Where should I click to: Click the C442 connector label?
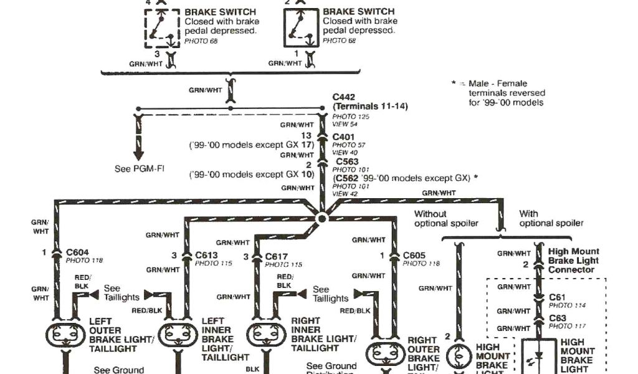(344, 97)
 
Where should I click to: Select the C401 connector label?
(344, 137)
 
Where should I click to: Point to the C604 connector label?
(78, 252)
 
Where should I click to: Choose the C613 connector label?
(206, 255)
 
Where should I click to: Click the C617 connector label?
(277, 256)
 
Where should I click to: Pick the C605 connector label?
(414, 255)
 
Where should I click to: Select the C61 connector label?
(556, 297)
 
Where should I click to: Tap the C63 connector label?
(556, 318)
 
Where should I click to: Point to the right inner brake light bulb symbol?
(267, 335)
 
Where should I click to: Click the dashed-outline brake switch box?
(162, 28)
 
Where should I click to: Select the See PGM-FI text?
(140, 169)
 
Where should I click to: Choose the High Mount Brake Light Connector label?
(573, 261)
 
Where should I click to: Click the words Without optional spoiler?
(447, 218)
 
